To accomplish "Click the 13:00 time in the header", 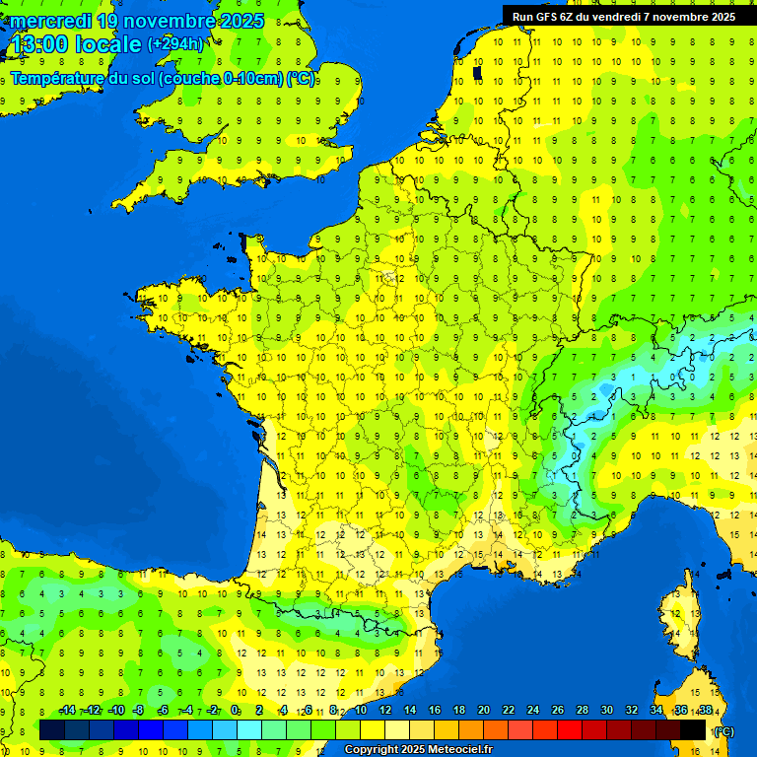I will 37,44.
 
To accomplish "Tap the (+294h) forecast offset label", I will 175,43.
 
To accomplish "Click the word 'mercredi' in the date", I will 49,21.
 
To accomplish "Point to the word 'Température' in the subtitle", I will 59,78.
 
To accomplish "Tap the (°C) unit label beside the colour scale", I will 723,730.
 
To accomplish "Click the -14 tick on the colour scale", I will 67,711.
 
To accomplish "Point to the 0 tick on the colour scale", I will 235,711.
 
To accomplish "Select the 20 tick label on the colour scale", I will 483,711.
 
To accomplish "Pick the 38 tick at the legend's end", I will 705,711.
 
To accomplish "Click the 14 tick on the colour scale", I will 409,711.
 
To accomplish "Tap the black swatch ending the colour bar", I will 693,729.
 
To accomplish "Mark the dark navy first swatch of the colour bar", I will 52,729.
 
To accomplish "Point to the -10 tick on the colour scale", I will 115,711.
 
